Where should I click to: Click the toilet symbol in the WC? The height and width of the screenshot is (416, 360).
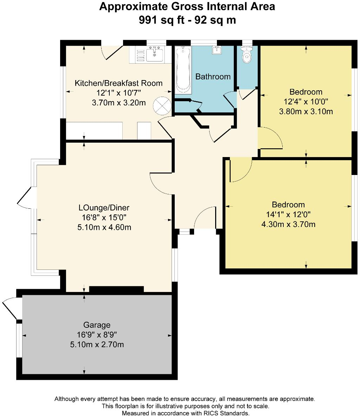coord(247,55)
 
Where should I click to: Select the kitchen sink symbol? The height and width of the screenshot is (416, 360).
coord(154,55)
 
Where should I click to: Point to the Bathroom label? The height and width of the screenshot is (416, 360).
coord(213,77)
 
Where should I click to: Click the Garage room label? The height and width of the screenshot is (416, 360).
coord(97,325)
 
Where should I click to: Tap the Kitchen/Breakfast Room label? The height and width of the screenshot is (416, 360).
coord(119,83)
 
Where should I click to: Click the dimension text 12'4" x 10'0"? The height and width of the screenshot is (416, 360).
coord(306,102)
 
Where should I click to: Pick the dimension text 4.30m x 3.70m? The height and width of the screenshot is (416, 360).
coord(288,224)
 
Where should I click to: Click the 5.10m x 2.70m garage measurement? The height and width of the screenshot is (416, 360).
coord(97,345)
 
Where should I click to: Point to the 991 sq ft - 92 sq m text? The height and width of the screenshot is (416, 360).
coord(187,20)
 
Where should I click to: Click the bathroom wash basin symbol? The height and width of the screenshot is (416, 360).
coord(217,50)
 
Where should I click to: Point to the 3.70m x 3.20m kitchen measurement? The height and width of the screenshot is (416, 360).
coord(119,103)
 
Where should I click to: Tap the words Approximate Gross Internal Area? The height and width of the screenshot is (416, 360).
coord(187,7)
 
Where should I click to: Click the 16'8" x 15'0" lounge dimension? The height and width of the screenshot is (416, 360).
coord(104,217)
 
